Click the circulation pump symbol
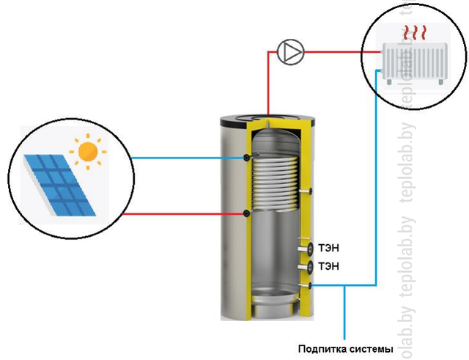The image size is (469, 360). [x=290, y=52]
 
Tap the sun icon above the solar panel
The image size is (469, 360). [x=88, y=152]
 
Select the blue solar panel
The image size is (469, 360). [x=60, y=185]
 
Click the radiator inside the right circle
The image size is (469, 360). [x=415, y=64]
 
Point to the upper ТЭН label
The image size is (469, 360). [x=328, y=249]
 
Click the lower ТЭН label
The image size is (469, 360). [x=328, y=266]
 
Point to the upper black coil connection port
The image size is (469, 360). [x=246, y=158]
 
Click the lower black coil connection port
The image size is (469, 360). [x=246, y=213]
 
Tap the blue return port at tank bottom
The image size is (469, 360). [x=310, y=286]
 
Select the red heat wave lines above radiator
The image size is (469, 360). [x=414, y=33]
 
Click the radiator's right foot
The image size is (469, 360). [x=440, y=81]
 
